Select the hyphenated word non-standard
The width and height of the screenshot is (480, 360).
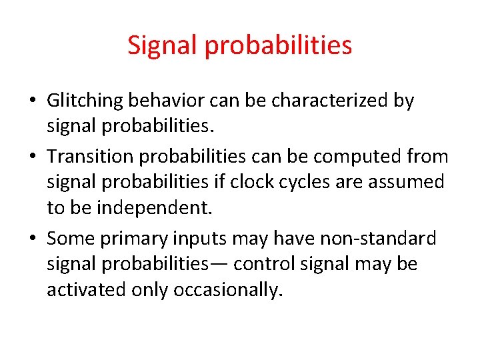[x=379, y=237]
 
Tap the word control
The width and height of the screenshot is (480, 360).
[x=264, y=264]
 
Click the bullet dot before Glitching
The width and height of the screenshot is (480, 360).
[x=33, y=102]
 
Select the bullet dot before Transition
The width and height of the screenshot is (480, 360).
[x=33, y=156]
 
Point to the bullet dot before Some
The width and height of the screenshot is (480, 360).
[x=33, y=238]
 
